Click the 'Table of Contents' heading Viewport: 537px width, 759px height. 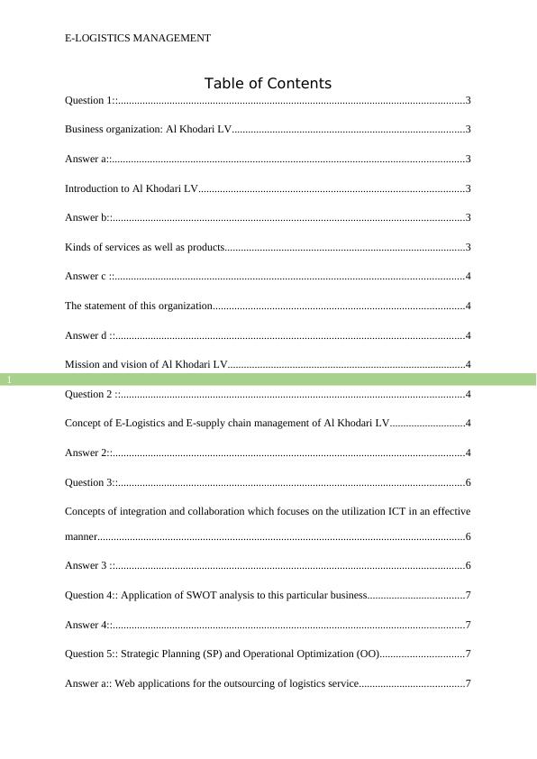268,84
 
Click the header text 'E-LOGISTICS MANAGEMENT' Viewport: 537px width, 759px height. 138,38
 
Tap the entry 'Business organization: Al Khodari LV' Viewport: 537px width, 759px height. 148,130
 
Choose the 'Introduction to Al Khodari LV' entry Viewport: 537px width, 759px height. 131,188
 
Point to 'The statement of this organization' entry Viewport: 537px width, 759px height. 138,306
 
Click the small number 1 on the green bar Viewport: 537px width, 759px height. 9,380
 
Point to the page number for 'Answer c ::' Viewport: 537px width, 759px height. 469,277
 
